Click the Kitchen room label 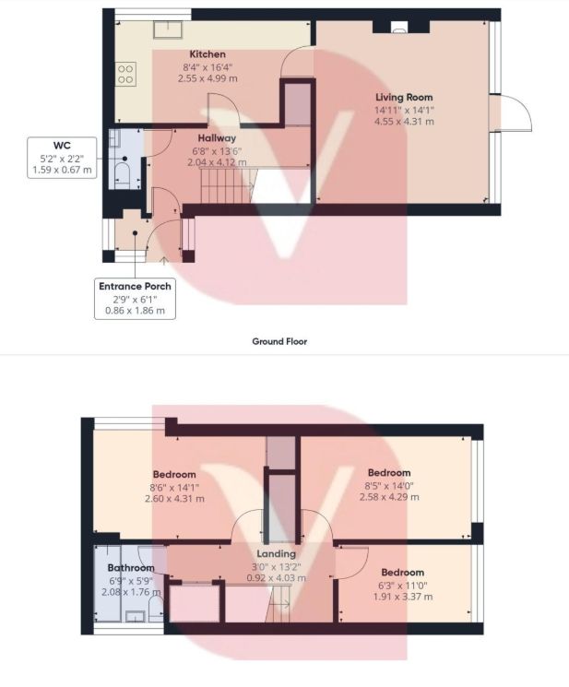pos(207,54)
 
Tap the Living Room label pos(404,97)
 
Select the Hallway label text pos(217,138)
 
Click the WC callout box pos(62,158)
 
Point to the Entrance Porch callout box pos(135,299)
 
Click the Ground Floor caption pos(279,341)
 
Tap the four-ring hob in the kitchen pos(125,74)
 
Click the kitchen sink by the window pos(168,30)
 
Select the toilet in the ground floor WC pos(122,175)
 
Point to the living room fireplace pos(400,27)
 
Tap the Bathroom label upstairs pos(131,568)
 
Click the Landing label pos(276,554)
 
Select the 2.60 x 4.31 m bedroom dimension pos(174,499)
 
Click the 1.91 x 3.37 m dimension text pos(403,597)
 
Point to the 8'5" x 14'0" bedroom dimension pos(389,485)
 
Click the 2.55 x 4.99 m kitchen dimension pos(207,79)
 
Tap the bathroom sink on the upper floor pos(135,617)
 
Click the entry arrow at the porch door pos(164,262)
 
